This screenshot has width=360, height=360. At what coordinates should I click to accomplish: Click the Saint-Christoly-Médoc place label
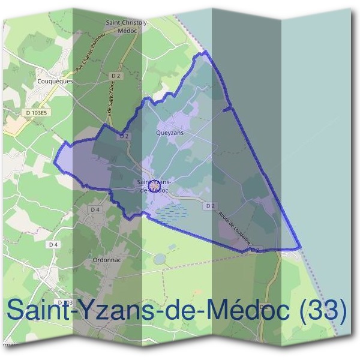[127, 26]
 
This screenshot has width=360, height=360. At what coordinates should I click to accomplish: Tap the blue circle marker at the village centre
[154, 186]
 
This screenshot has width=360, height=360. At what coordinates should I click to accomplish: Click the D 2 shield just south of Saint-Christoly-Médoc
[116, 75]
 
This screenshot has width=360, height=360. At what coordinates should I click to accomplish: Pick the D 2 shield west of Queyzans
[124, 136]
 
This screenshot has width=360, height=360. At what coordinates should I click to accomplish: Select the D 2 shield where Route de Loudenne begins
[209, 206]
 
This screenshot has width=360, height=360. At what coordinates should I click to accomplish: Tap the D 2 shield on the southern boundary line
[255, 249]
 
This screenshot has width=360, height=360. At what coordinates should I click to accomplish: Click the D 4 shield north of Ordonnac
[94, 209]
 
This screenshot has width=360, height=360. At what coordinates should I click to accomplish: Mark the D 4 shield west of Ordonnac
[53, 244]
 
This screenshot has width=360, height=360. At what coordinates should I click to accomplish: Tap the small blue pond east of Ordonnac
[160, 259]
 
